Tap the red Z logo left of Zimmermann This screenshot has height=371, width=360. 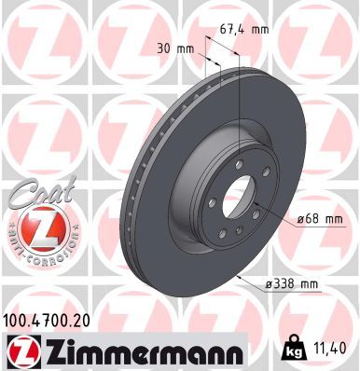[21, 350]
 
